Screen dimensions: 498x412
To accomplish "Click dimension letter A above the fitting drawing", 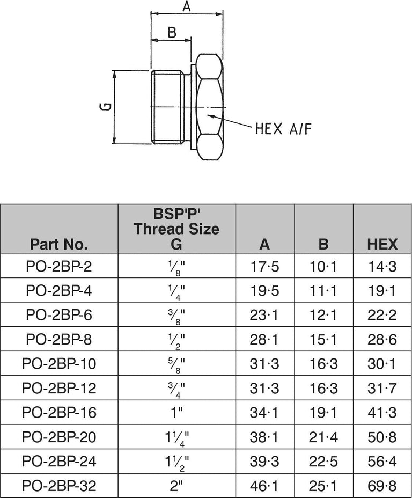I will (x=187, y=6).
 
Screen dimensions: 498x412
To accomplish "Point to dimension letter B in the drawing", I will (x=172, y=33).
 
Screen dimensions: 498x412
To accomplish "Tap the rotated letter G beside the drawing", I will (x=107, y=106).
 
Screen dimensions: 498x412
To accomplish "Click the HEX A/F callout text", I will (x=283, y=129).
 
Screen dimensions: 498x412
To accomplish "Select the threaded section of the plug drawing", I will (x=167, y=106).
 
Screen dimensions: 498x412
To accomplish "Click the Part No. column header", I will (x=59, y=245).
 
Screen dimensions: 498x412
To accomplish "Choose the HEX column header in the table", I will (x=382, y=245).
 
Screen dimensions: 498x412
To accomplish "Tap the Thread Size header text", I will (x=176, y=229).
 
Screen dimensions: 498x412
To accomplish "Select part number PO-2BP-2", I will (x=59, y=266).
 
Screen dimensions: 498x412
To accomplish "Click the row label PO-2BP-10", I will (x=59, y=364).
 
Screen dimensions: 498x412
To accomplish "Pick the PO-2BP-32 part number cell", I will (x=59, y=486).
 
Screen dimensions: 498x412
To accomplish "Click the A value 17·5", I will (x=265, y=266).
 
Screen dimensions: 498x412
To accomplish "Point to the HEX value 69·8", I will (x=382, y=486).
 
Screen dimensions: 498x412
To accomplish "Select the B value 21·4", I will (x=323, y=437).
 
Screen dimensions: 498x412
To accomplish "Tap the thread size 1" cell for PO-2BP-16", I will (x=176, y=413).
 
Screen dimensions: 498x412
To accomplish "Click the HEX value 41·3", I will (x=382, y=413).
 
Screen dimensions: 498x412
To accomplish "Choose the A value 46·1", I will (x=265, y=486).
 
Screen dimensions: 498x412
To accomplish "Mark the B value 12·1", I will (x=323, y=315).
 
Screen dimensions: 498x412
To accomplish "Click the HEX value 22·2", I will (x=382, y=315).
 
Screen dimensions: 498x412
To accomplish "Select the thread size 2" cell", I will (x=176, y=486).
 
